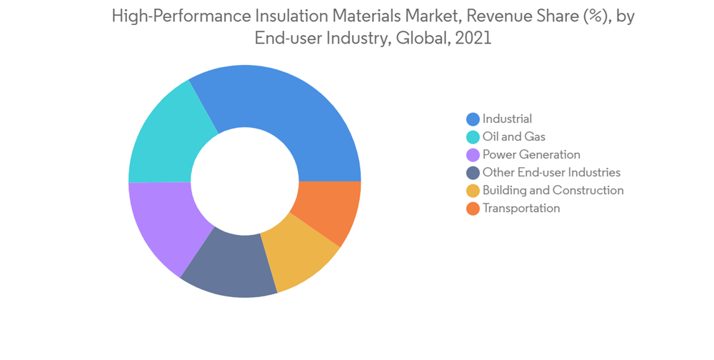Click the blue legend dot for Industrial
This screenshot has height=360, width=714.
coord(473,119)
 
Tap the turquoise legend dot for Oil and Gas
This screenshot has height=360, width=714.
coord(473,137)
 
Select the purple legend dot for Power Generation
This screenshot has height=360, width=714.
coord(473,155)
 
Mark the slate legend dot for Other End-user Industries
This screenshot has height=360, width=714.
coord(473,173)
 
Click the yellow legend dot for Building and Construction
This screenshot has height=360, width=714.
coord(473,191)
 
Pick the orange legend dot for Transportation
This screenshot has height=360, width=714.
coord(473,209)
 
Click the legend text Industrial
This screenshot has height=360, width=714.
coord(507,119)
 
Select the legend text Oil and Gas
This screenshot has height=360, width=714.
coord(513,137)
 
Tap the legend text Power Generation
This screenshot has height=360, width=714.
coord(531,155)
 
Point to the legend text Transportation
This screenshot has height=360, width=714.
coord(521,209)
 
